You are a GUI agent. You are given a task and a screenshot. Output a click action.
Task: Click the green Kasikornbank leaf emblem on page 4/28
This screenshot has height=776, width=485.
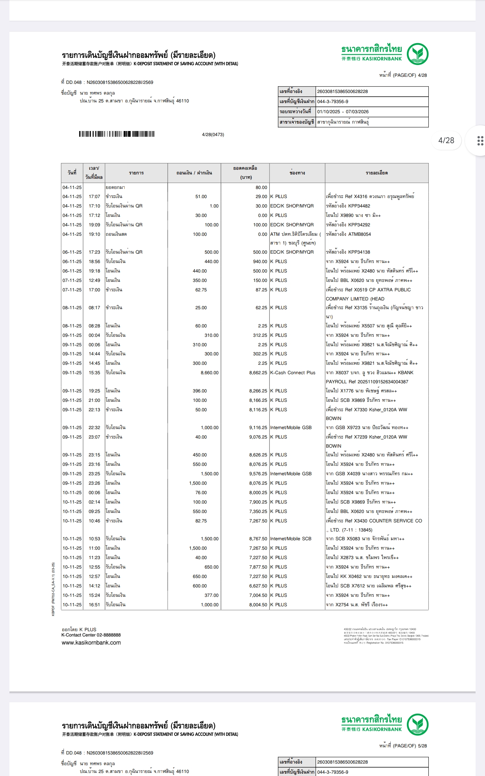pos(417,54)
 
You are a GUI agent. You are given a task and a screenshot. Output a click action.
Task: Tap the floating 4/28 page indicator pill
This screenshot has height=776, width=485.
pos(446,140)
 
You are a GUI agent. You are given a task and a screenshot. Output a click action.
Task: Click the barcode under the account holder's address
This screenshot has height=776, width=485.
pos(117,134)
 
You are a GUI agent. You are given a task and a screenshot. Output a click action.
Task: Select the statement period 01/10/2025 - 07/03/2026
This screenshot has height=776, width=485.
pos(343,112)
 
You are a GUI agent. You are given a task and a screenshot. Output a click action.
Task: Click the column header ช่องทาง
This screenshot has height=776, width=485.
pos(297,173)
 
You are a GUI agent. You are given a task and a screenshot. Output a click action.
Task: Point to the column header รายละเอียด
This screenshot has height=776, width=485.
pos(377,173)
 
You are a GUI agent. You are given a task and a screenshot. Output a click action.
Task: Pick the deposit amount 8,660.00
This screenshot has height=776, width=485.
pos(209,373)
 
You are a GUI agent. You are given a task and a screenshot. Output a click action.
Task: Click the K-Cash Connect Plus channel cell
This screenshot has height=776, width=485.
pos(293,373)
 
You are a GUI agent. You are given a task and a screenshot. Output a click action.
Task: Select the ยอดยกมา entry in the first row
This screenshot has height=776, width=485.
pos(115,188)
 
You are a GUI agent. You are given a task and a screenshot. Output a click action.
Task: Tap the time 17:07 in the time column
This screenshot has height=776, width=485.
pos(94,197)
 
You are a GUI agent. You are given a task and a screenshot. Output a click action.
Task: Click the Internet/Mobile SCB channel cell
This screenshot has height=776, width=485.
pos(291,539)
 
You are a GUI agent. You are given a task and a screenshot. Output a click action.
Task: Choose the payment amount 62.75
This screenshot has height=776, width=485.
pos(201,290)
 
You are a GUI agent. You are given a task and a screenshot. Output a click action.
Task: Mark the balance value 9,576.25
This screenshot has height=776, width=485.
pos(258,474)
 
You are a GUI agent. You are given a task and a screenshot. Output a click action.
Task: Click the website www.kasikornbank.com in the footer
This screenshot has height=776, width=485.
pos(91,643)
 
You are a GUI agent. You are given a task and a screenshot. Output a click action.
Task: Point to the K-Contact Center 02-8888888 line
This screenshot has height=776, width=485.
pos(91,635)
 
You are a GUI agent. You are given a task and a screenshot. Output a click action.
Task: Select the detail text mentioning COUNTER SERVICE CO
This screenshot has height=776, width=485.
pos(374,521)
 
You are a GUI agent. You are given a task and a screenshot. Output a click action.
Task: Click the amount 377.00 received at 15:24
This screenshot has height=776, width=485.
pos(212,595)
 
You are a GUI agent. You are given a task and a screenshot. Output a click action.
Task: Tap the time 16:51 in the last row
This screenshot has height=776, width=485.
pos(94,605)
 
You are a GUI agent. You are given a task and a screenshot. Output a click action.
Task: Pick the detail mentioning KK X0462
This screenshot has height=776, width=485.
pos(369,577)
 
